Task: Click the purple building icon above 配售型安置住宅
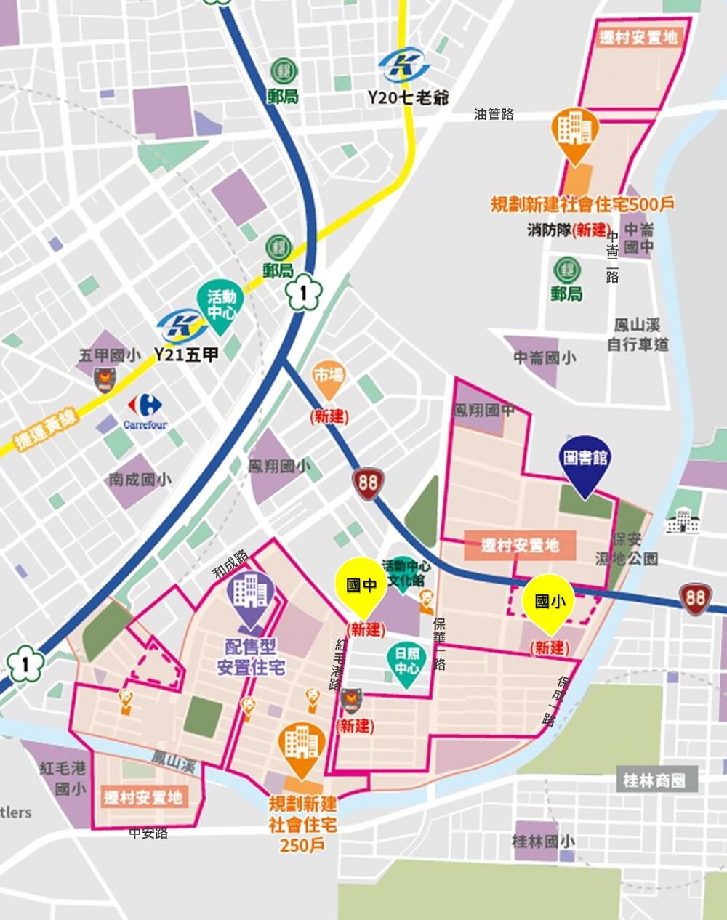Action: tap(250, 595)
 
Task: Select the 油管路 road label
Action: tap(494, 114)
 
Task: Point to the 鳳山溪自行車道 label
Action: tap(638, 335)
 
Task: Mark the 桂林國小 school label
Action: tap(543, 841)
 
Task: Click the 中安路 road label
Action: tap(148, 833)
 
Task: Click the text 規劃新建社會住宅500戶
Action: tap(582, 204)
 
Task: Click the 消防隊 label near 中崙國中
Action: tap(549, 230)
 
